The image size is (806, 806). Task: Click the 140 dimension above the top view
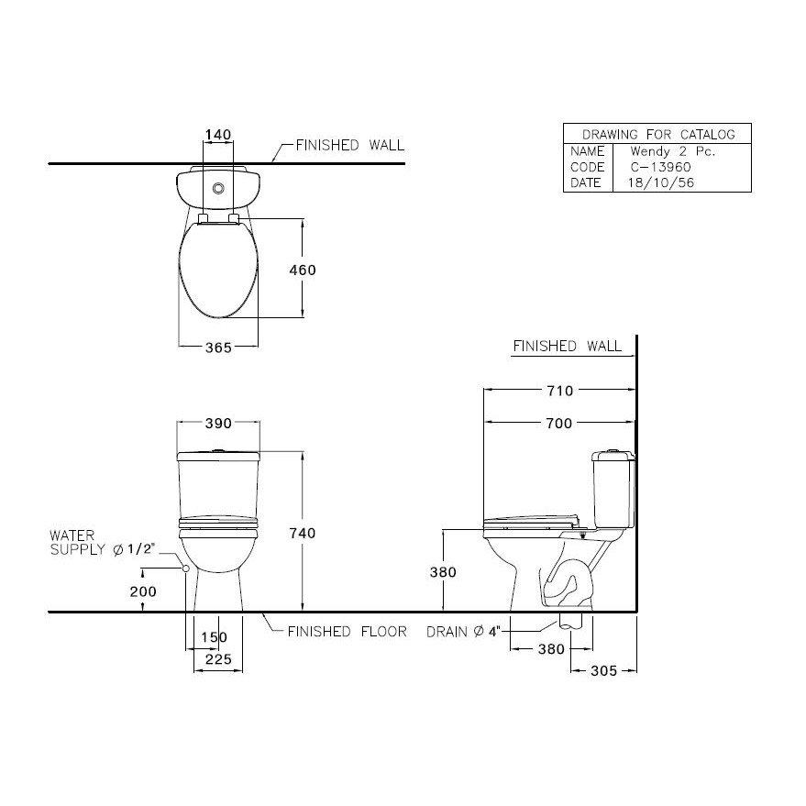(x=218, y=135)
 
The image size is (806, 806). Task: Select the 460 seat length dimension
(x=303, y=270)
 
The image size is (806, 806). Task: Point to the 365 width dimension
(x=218, y=348)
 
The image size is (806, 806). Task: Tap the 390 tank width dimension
(x=218, y=423)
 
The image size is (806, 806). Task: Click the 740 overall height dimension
(x=303, y=533)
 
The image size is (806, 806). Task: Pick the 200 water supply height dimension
(x=143, y=591)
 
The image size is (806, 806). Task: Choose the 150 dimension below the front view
(x=214, y=637)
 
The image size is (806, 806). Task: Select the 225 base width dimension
(x=218, y=659)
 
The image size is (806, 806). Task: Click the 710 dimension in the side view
(x=559, y=392)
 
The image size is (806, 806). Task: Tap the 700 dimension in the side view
(x=559, y=424)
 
